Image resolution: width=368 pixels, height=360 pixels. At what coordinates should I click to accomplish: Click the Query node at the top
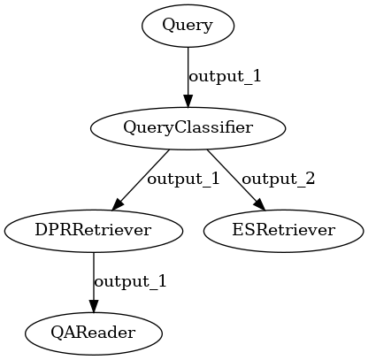click(188, 26)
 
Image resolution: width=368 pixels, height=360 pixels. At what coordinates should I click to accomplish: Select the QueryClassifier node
click(188, 128)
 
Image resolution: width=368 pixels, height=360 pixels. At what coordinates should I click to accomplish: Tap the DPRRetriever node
click(94, 231)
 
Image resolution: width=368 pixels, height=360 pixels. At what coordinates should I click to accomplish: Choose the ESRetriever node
click(283, 231)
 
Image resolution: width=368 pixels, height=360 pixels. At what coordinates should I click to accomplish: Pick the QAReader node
click(94, 333)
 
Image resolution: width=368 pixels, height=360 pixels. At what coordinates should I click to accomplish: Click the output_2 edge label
click(279, 179)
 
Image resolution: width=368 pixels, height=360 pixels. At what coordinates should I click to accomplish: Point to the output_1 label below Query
click(225, 76)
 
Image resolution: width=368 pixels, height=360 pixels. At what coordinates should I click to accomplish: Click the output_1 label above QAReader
click(130, 281)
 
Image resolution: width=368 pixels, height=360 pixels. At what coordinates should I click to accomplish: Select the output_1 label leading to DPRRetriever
click(183, 179)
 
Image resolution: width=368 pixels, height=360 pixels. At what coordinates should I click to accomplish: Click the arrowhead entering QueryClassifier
click(188, 101)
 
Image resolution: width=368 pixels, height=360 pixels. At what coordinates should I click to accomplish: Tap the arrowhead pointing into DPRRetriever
click(117, 205)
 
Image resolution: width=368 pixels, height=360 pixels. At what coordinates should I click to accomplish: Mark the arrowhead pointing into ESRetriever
click(260, 205)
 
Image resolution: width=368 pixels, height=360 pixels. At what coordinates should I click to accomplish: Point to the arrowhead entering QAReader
click(94, 306)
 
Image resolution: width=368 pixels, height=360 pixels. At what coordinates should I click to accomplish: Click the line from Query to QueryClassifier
click(188, 77)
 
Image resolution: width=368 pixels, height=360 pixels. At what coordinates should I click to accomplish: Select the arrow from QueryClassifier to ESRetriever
click(236, 180)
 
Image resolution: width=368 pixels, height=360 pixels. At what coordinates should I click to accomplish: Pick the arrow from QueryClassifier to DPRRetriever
click(141, 180)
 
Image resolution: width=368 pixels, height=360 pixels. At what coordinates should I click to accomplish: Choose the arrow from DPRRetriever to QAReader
click(94, 282)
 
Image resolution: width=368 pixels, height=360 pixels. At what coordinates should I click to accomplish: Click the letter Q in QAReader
click(57, 333)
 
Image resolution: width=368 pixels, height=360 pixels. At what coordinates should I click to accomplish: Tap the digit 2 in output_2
click(310, 179)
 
